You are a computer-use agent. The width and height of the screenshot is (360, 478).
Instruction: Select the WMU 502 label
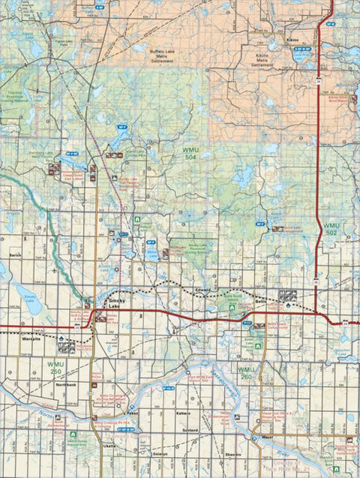(331, 230)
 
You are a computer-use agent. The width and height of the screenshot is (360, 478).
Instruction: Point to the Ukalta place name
(109, 446)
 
